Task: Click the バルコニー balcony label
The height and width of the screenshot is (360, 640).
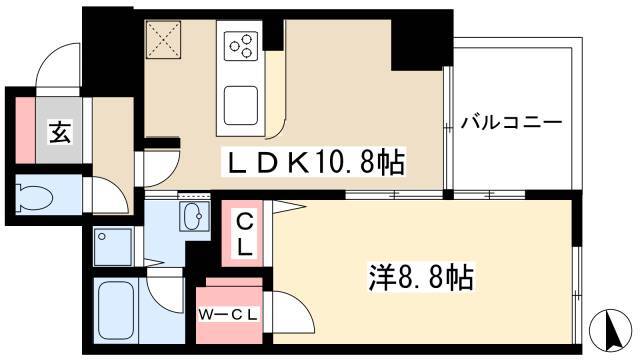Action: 511,124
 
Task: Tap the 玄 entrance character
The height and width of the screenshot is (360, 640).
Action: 59,130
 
